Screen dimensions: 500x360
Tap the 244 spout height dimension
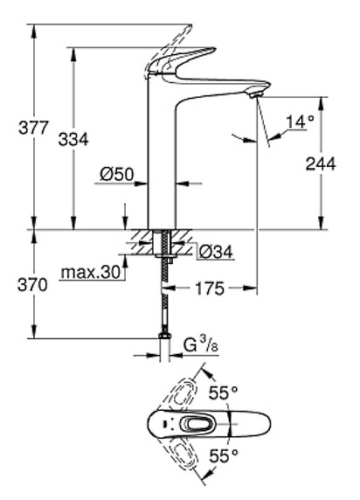(321, 163)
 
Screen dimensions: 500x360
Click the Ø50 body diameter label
(115, 174)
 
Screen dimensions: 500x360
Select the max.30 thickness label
(90, 273)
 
